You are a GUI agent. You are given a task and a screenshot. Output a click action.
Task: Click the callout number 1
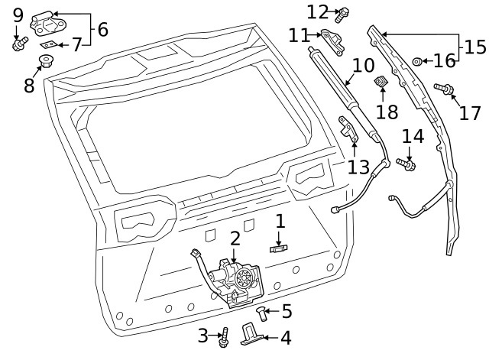pyautogui.click(x=280, y=222)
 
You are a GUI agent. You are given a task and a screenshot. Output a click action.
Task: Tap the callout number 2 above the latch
pyautogui.click(x=235, y=238)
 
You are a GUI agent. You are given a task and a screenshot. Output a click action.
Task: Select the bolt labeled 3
pyautogui.click(x=225, y=335)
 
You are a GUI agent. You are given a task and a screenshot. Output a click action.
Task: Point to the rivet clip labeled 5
pyautogui.click(x=263, y=313)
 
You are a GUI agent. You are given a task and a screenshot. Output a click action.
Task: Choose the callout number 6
pyautogui.click(x=102, y=30)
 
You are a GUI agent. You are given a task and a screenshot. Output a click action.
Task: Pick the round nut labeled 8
pyautogui.click(x=47, y=60)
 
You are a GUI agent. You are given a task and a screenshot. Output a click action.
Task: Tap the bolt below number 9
pyautogui.click(x=18, y=44)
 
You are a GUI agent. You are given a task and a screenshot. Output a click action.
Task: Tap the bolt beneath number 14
pyautogui.click(x=406, y=163)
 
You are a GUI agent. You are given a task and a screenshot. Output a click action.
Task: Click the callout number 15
pyautogui.click(x=474, y=47)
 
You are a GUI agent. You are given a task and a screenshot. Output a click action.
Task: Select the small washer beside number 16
pyautogui.click(x=418, y=61)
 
